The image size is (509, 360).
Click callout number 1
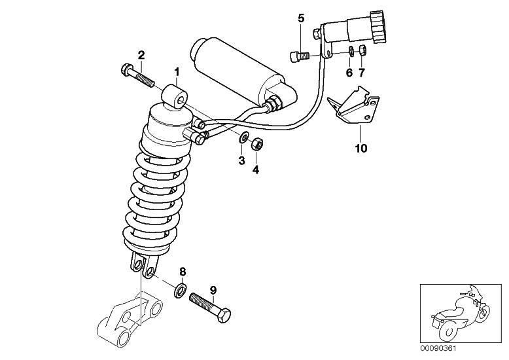point(175,70)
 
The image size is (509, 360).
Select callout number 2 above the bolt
point(141,54)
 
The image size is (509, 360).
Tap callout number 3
point(241,161)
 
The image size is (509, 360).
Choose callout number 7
point(362,71)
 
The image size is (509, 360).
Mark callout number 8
point(183,270)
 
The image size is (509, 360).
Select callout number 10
point(360,148)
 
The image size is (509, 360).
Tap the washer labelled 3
point(242,137)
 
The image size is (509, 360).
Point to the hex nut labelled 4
point(256,143)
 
